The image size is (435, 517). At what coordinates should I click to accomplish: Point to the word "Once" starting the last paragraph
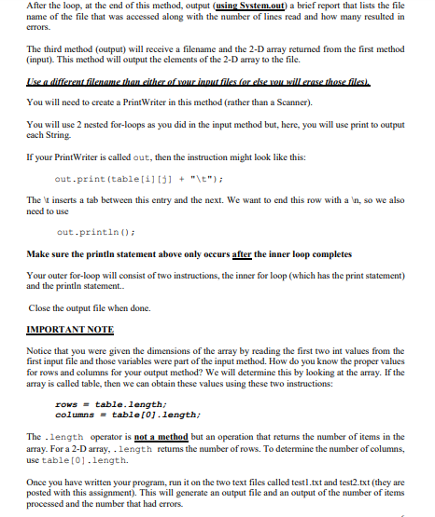click(x=38, y=484)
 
